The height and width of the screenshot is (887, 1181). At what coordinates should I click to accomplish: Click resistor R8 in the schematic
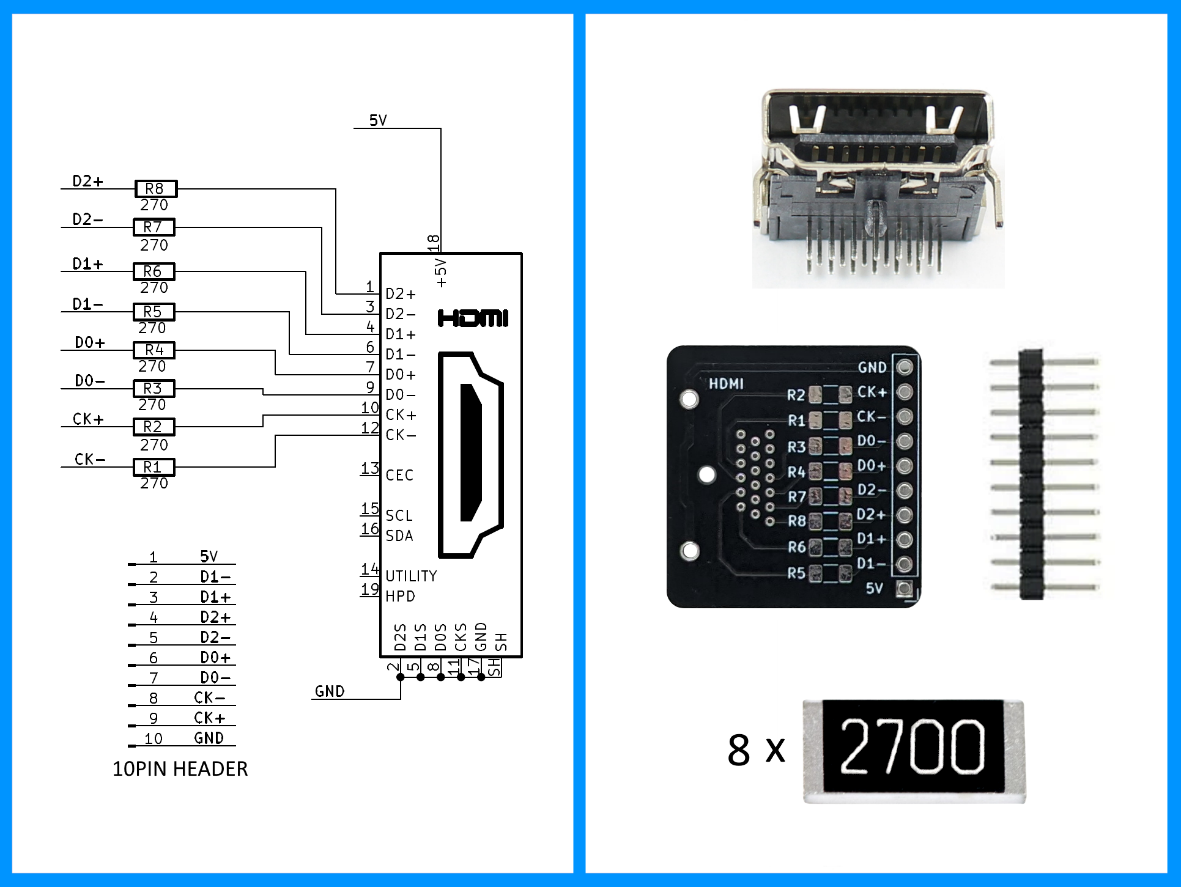(x=155, y=189)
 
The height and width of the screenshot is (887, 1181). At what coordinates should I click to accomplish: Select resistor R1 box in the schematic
(x=154, y=467)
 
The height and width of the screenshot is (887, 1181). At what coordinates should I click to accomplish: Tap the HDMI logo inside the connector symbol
(x=473, y=318)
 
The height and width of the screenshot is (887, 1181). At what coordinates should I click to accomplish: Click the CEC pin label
(x=399, y=475)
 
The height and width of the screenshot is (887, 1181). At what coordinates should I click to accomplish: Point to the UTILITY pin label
(x=411, y=576)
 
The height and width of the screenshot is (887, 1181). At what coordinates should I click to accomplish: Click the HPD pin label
(x=400, y=596)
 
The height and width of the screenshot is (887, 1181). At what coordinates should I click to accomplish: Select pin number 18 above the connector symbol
(x=434, y=243)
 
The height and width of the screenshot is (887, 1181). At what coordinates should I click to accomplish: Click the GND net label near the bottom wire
(x=330, y=691)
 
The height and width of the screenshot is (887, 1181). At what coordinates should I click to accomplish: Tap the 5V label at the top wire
(x=378, y=120)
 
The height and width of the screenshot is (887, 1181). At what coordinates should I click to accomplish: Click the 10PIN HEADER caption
(x=180, y=769)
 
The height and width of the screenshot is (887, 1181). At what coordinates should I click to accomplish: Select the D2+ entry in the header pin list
(x=215, y=617)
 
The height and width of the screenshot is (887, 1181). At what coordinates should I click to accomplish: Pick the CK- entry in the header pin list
(x=209, y=698)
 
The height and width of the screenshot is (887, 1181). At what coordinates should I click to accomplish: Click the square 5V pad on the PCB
(x=904, y=589)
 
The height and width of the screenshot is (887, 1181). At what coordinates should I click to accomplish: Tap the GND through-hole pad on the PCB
(x=905, y=367)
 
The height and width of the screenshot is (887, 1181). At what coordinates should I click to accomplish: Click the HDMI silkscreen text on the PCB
(x=726, y=384)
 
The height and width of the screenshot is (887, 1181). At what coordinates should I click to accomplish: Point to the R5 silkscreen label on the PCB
(x=796, y=573)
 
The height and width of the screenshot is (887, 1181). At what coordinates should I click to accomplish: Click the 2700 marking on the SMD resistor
(x=913, y=746)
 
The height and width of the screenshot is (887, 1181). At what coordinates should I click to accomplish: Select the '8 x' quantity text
(x=756, y=750)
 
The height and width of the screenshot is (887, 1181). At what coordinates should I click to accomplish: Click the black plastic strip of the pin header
(x=1031, y=474)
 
